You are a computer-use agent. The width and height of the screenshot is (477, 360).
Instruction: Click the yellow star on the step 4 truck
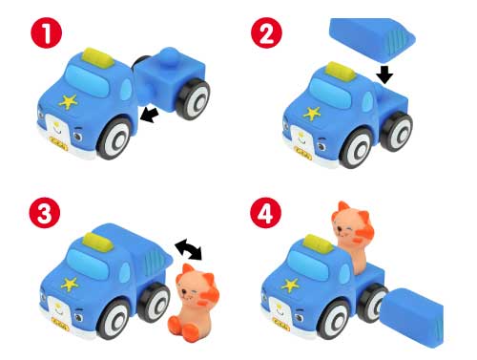tap(283, 284)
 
